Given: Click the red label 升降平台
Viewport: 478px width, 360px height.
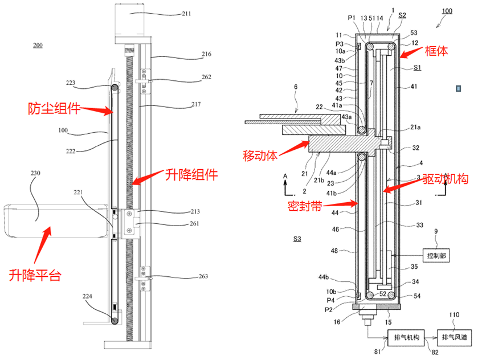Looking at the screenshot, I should click(x=34, y=276).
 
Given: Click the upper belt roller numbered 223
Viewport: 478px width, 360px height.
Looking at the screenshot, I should click(x=115, y=88).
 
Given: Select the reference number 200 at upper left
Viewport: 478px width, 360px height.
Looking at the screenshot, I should click(x=37, y=45).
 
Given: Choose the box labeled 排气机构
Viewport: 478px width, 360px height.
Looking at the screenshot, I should click(x=407, y=338).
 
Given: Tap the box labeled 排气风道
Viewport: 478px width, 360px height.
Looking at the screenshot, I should click(x=455, y=338).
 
